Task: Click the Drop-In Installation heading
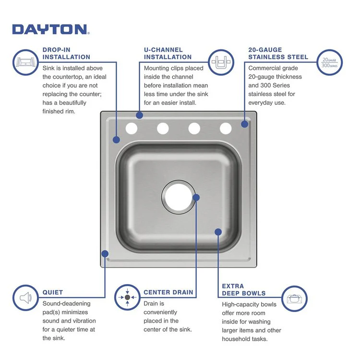point(66,53)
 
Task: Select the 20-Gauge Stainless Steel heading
point(278,53)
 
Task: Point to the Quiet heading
point(53,292)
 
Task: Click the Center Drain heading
point(168,292)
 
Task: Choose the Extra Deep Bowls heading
point(243,289)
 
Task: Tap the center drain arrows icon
point(127,298)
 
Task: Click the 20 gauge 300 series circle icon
point(329,62)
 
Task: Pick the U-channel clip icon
point(221,62)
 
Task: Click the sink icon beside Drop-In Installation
point(25,62)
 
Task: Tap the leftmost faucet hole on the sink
point(132,128)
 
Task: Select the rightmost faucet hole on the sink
point(226,128)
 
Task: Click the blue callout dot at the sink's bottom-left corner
point(105,253)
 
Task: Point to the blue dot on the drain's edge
point(196,197)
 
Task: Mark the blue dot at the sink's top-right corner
point(245,124)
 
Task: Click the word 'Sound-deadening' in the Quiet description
point(66,303)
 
